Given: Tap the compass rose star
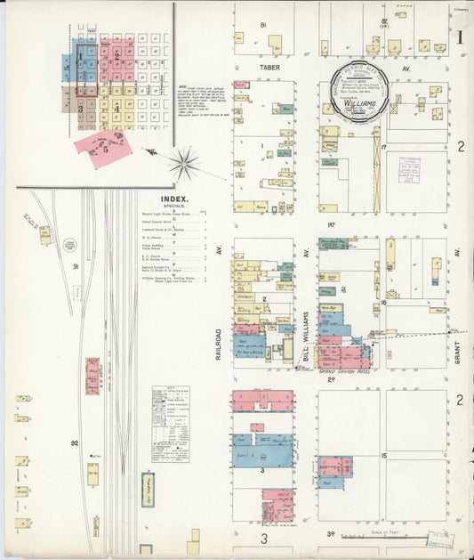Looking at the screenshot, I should (185, 163).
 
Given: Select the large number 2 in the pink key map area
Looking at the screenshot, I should (116, 56).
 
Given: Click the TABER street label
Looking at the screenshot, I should (269, 67).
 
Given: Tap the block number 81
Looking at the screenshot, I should (263, 24).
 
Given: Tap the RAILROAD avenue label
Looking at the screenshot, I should (217, 343).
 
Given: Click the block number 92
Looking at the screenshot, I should (76, 442).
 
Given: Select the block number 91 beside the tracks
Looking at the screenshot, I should (76, 266).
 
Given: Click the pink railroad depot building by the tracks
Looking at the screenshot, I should (92, 376).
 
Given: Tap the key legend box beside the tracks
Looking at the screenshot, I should (170, 424).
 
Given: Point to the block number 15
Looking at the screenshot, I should (384, 456).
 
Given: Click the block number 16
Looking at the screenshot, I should (383, 303).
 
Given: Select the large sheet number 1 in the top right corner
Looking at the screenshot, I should (460, 37).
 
